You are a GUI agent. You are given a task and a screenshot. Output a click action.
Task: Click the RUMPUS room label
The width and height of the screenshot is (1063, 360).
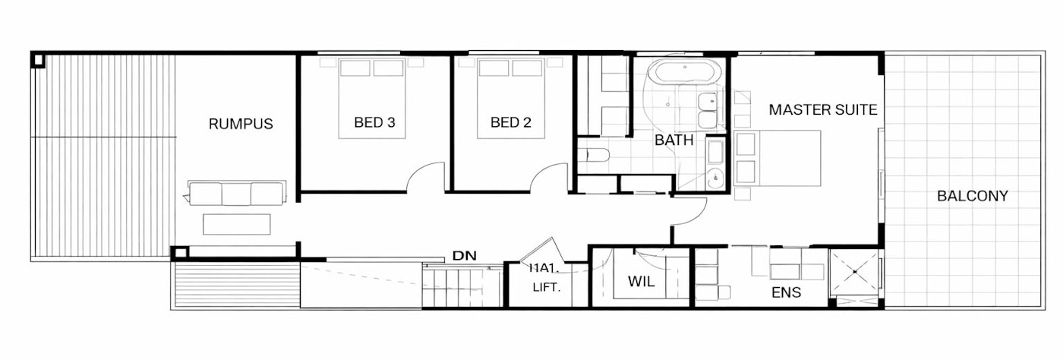click(x=241, y=124)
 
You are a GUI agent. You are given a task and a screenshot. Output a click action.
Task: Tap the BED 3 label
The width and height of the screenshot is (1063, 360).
click(x=374, y=122)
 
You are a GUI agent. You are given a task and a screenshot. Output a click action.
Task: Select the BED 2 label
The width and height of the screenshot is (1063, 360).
click(x=511, y=122)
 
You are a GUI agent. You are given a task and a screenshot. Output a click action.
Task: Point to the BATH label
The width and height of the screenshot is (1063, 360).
click(x=674, y=140)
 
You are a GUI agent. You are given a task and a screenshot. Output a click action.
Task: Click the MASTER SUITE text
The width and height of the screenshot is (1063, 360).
click(x=823, y=109)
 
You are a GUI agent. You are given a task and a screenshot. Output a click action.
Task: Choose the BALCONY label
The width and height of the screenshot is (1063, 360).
click(x=972, y=196)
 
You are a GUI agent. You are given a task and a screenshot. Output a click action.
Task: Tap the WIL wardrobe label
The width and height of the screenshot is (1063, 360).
click(x=641, y=282)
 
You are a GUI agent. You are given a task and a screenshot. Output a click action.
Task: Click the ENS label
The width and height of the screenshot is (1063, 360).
click(x=786, y=292)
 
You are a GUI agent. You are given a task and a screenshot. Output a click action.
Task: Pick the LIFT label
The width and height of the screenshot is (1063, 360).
click(x=546, y=288)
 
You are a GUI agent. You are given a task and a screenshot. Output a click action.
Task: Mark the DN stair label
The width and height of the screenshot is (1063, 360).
click(x=464, y=256)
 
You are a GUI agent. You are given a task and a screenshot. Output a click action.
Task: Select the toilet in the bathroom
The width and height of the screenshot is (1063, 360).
click(x=594, y=156)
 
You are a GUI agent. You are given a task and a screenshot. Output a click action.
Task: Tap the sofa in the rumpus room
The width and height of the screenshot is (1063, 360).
click(x=237, y=194)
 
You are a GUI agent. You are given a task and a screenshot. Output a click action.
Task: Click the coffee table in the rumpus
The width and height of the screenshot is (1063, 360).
click(x=237, y=224)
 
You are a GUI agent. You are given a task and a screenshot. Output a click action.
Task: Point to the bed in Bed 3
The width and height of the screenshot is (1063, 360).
click(x=372, y=99)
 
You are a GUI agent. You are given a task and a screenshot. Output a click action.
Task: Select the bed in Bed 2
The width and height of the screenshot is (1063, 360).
click(x=510, y=99)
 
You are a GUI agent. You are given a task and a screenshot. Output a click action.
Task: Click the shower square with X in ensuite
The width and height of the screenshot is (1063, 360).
click(x=854, y=272)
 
